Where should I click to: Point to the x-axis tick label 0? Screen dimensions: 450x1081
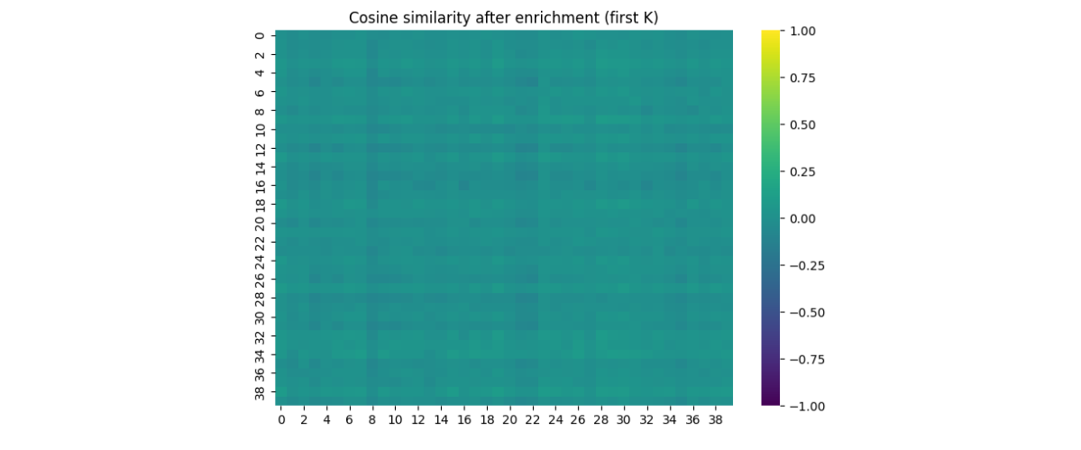[280, 420]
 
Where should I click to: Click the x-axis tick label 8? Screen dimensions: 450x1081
[371, 420]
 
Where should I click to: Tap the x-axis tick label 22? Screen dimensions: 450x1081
[532, 420]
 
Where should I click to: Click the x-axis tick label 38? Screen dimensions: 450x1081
[715, 420]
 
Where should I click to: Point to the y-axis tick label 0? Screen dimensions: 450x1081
[260, 35]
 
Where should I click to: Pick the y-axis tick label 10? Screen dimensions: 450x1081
[260, 129]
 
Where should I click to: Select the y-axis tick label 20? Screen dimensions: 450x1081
[260, 223]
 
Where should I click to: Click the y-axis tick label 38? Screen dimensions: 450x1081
[260, 392]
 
